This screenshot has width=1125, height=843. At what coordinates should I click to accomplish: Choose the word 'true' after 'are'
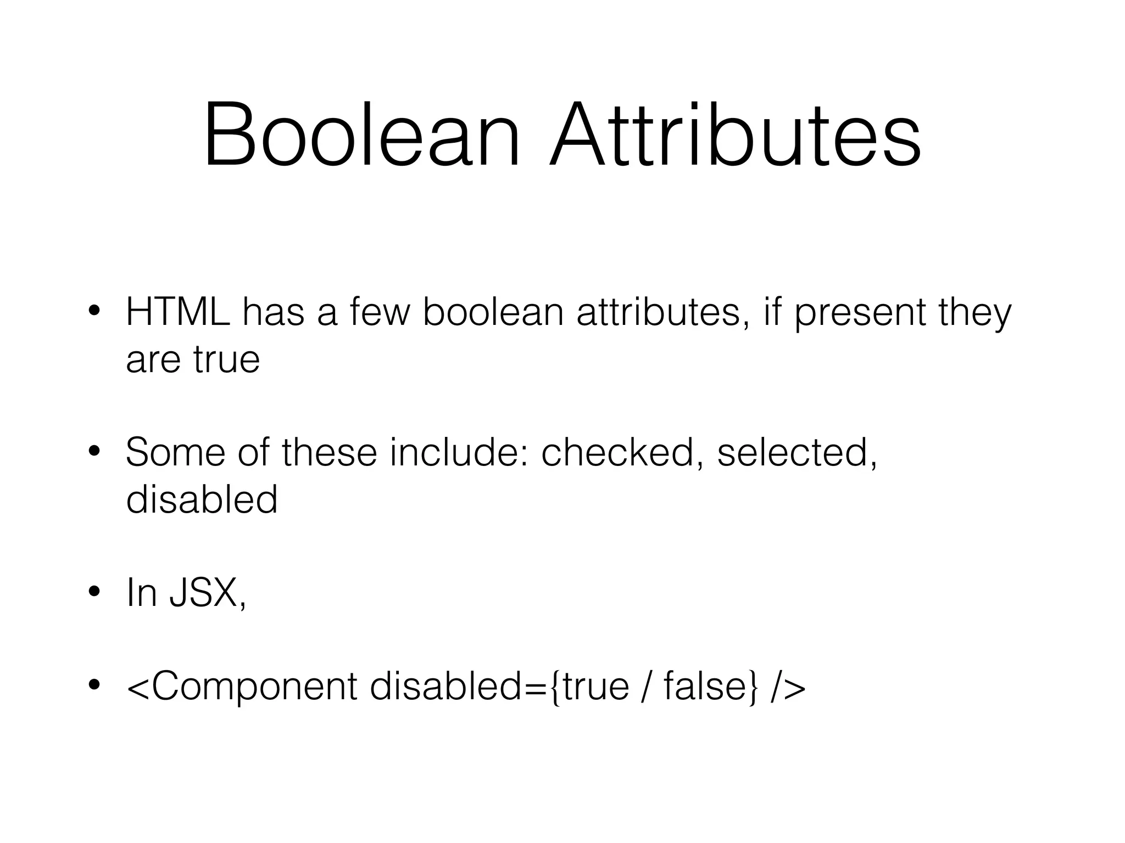(x=226, y=360)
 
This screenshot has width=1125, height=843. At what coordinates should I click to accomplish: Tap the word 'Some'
(x=175, y=453)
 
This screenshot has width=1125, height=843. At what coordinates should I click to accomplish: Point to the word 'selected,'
(x=797, y=453)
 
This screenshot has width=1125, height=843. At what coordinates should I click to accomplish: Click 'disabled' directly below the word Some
(x=202, y=499)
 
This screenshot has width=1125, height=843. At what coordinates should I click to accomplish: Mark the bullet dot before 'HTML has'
(x=94, y=312)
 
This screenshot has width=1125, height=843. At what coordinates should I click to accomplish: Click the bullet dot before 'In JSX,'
(x=94, y=592)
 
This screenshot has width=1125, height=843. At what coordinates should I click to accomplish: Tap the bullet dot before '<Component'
(x=94, y=685)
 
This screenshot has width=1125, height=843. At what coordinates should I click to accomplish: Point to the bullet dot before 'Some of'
(x=94, y=451)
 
